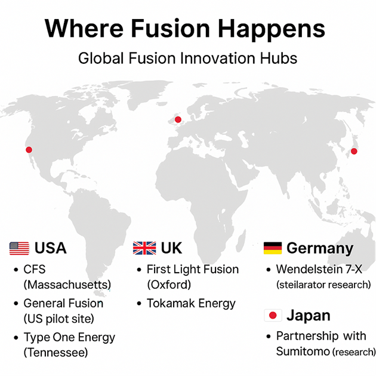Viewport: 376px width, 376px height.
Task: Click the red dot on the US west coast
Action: pyautogui.click(x=29, y=150)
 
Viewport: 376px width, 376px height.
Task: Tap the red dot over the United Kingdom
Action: pyautogui.click(x=178, y=119)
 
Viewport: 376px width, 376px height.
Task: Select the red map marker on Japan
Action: pyautogui.click(x=354, y=151)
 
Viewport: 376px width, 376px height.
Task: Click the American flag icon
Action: pyautogui.click(x=19, y=248)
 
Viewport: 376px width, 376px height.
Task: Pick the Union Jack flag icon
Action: pyautogui.click(x=144, y=248)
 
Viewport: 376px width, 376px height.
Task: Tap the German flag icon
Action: pyautogui.click(x=273, y=248)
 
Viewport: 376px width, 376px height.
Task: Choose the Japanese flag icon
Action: pyautogui.click(x=273, y=315)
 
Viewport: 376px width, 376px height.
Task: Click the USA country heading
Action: pyautogui.click(x=50, y=248)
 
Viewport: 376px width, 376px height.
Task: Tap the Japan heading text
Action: pyautogui.click(x=309, y=316)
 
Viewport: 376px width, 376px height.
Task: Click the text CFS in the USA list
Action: pyautogui.click(x=35, y=269)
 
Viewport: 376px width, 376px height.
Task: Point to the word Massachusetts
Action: pyautogui.click(x=67, y=285)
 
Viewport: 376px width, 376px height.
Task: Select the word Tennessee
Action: pyautogui.click(x=56, y=353)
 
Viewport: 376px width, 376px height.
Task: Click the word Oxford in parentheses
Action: pyautogui.click(x=169, y=285)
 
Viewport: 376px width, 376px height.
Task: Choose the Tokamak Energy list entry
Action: pyautogui.click(x=191, y=304)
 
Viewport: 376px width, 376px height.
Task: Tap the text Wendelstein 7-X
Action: pyautogui.click(x=319, y=269)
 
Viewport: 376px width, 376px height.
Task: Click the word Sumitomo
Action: pyautogui.click(x=303, y=352)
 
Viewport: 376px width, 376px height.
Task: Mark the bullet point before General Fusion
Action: pyautogui.click(x=16, y=304)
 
